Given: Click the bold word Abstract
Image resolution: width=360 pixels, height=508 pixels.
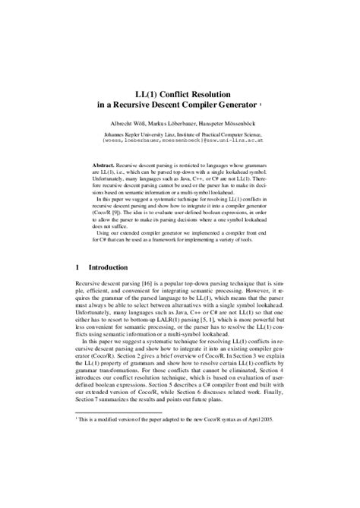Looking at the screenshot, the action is [x=104, y=164].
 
